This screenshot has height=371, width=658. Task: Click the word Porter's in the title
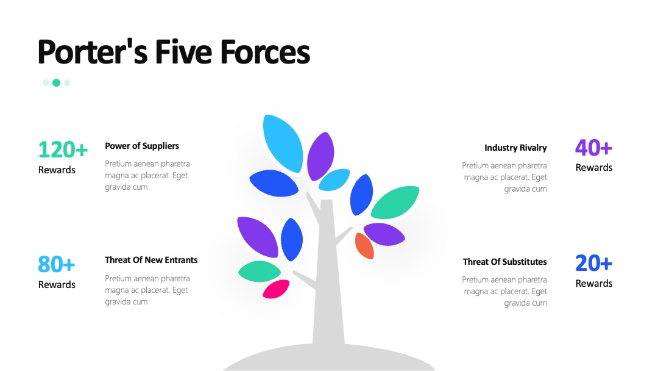click(93, 52)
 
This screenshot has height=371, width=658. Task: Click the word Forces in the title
click(265, 52)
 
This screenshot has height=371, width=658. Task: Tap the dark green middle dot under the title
click(56, 83)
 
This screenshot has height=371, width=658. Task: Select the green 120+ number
click(63, 149)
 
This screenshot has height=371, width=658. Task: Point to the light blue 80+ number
click(56, 264)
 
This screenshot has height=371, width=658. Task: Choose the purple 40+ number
click(594, 148)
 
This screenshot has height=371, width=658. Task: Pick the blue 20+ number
click(594, 264)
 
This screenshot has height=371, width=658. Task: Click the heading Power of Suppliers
click(142, 146)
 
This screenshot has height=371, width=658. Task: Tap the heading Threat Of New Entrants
click(151, 260)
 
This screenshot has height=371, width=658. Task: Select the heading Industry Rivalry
click(515, 148)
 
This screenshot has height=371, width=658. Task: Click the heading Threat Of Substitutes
click(505, 262)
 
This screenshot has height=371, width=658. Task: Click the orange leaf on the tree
click(364, 246)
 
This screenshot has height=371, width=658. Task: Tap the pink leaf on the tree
click(276, 289)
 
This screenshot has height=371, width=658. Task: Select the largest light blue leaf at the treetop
click(283, 143)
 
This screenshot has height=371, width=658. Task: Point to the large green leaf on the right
click(395, 202)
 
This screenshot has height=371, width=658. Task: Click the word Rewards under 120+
click(57, 170)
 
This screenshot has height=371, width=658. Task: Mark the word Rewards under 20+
click(594, 284)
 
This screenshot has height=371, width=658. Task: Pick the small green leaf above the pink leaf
click(260, 272)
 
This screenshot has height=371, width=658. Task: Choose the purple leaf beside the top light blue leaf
click(320, 156)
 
